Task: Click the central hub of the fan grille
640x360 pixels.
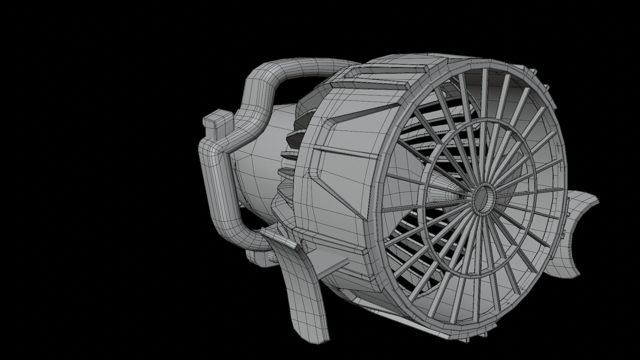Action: [x=482, y=198]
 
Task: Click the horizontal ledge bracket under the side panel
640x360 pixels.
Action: [x=333, y=242]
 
